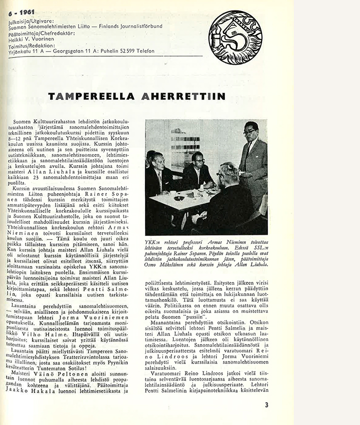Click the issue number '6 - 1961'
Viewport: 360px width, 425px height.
point(18,13)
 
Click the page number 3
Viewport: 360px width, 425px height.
point(266,404)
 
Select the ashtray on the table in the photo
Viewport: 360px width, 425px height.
point(179,197)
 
